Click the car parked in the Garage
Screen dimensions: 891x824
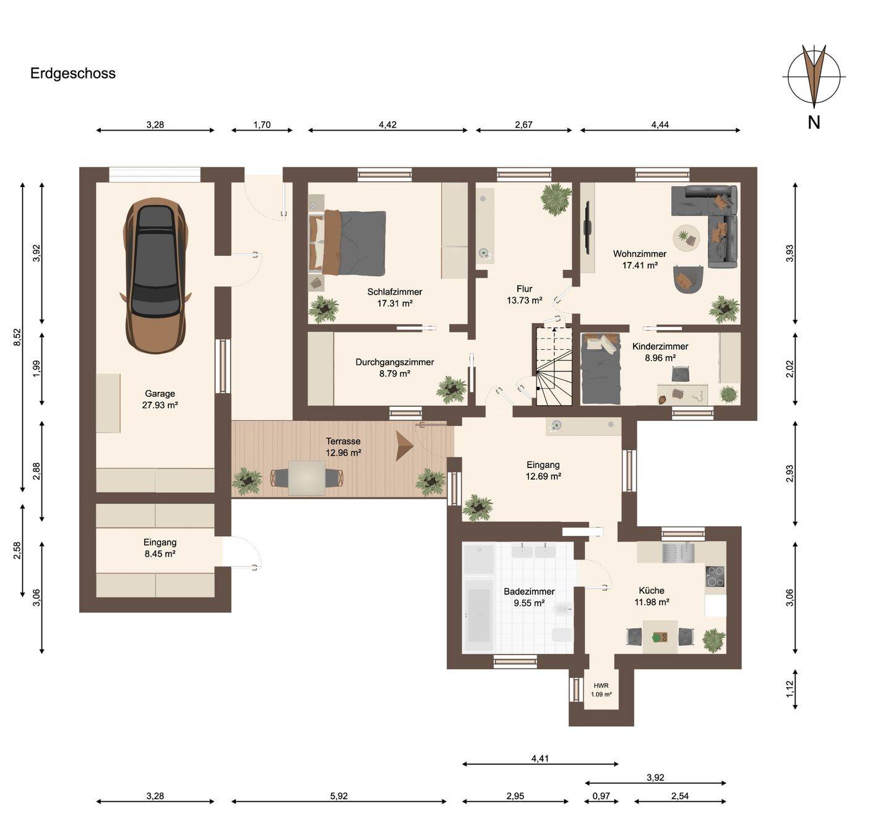pyautogui.click(x=156, y=275)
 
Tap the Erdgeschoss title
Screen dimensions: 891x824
pyautogui.click(x=72, y=73)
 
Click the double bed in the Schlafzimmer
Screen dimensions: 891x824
pyautogui.click(x=347, y=243)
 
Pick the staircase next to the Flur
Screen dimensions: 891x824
pyautogui.click(x=554, y=365)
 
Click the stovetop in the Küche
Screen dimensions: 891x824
pyautogui.click(x=715, y=576)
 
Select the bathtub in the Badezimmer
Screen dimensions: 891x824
pyautogui.click(x=479, y=615)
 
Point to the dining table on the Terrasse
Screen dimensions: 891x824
pyautogui.click(x=307, y=477)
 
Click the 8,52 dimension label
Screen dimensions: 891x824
pyautogui.click(x=17, y=337)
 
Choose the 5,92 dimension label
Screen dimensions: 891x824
pyautogui.click(x=338, y=796)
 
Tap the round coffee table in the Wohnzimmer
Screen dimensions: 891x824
pyautogui.click(x=686, y=238)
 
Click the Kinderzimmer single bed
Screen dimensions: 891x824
pyautogui.click(x=601, y=368)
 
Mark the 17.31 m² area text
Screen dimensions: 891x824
pyautogui.click(x=395, y=303)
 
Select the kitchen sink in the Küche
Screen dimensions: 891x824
pyautogui.click(x=678, y=552)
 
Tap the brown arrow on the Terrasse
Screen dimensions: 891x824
pyautogui.click(x=404, y=446)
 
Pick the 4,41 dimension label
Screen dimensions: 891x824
pyautogui.click(x=540, y=758)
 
